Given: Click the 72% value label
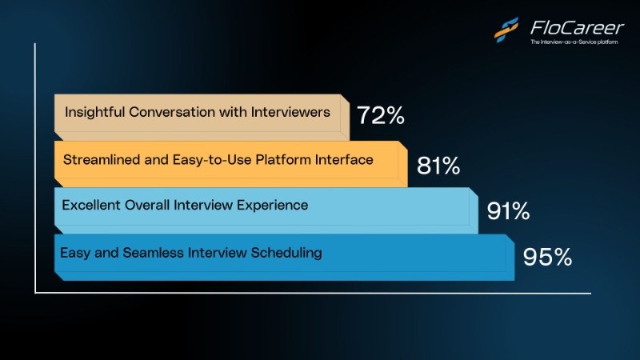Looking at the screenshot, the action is [381, 115].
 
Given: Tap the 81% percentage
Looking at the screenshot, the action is [438, 166].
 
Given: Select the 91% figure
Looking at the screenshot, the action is [508, 211].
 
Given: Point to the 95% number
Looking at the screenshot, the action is [547, 257].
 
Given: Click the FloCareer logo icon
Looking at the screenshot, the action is [506, 30].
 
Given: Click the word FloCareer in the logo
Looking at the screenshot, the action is [577, 28].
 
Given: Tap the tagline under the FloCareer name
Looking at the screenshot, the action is [574, 42].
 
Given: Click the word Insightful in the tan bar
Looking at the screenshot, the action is [94, 112].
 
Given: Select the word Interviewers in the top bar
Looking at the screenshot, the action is [290, 112].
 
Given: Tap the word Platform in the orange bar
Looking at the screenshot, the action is [283, 159].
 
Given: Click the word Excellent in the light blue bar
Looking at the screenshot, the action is [91, 205].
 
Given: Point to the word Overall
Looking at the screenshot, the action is [147, 205].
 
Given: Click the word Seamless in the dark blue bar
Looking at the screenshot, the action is [153, 253].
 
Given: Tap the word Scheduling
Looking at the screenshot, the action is [286, 253].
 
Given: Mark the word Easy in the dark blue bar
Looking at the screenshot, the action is [75, 253].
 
